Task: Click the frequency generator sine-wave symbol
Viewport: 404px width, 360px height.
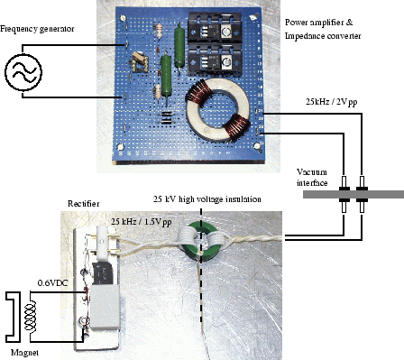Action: pyautogui.click(x=23, y=72)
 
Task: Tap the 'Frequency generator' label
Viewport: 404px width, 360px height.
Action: pyautogui.click(x=37, y=29)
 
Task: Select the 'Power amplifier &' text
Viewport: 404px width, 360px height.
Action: pyautogui.click(x=319, y=23)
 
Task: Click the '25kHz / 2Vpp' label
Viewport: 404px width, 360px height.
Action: pyautogui.click(x=332, y=102)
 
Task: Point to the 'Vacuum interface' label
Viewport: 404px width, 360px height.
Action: pyautogui.click(x=312, y=178)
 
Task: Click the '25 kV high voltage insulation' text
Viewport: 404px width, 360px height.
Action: pyautogui.click(x=207, y=199)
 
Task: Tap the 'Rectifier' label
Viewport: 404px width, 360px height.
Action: pyautogui.click(x=83, y=204)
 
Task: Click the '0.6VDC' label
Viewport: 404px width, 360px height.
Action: pyautogui.click(x=53, y=283)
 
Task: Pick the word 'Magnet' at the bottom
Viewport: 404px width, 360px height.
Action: pyautogui.click(x=24, y=353)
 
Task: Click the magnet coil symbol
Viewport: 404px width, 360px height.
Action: pyautogui.click(x=31, y=317)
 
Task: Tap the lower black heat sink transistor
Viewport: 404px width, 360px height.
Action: pyautogui.click(x=214, y=60)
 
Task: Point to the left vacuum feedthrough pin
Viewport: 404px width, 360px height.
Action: pyautogui.click(x=344, y=195)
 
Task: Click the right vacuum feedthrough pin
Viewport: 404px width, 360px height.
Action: pyautogui.click(x=363, y=195)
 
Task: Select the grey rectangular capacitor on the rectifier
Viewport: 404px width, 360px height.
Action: pyautogui.click(x=105, y=307)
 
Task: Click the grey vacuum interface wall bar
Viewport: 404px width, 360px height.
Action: pyautogui.click(x=353, y=195)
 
